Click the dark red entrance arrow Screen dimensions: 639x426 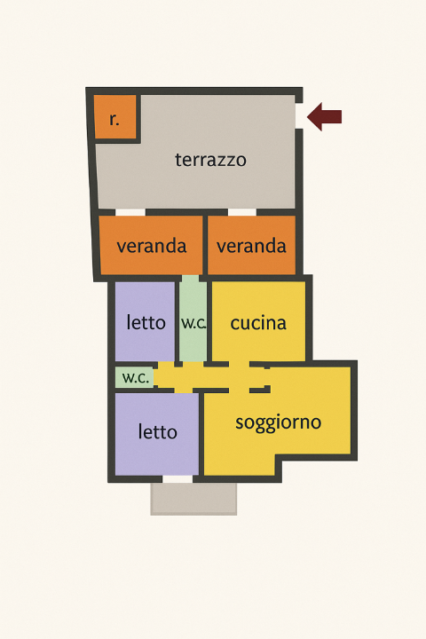pos(325,116)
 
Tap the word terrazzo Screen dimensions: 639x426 pos(210,161)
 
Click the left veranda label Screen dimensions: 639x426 pos(151,246)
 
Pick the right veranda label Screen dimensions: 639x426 pos(251,246)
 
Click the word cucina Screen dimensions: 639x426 pos(258,323)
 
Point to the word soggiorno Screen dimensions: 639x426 pos(278,422)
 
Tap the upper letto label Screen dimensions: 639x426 pos(146,322)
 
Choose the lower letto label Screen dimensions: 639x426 pos(158,432)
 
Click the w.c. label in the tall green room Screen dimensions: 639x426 pos(193,323)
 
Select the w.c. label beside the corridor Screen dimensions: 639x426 pos(135,377)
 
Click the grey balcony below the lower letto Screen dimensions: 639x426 pos(193,499)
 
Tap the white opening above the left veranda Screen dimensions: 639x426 pos(130,212)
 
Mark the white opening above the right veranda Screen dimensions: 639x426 pos(241,212)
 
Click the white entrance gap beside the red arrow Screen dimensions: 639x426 pos(299,116)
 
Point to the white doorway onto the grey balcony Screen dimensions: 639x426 pos(177,479)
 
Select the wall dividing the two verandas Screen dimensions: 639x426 pos(202,245)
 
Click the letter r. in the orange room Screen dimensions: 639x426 pos(114,119)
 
